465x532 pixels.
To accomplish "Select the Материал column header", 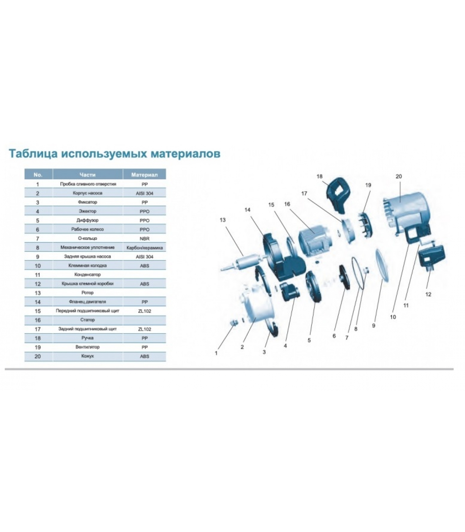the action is pyautogui.click(x=144, y=175).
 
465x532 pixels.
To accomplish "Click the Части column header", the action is pyautogui.click(x=88, y=175).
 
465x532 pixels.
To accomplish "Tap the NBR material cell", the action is pyautogui.click(x=144, y=239).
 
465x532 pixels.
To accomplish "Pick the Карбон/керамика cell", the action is pyautogui.click(x=144, y=248).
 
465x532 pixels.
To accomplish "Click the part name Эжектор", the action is pyautogui.click(x=88, y=211).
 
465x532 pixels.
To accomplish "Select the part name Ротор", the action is pyautogui.click(x=88, y=293).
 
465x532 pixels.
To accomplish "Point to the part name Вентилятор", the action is pyautogui.click(x=88, y=347).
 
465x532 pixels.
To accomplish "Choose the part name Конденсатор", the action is pyautogui.click(x=88, y=275).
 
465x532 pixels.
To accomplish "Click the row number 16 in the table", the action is pyautogui.click(x=38, y=320).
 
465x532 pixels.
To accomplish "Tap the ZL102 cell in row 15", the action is pyautogui.click(x=144, y=311).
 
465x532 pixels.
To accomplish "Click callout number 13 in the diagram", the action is pyautogui.click(x=223, y=220).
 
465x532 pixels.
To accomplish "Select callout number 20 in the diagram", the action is pyautogui.click(x=399, y=177).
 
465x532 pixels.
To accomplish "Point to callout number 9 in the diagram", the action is pyautogui.click(x=373, y=326).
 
